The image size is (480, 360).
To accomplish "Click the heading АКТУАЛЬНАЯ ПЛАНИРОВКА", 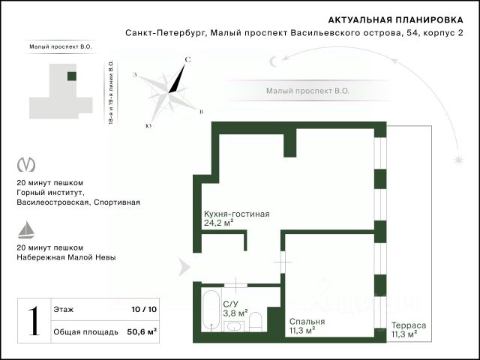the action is pos(395,20).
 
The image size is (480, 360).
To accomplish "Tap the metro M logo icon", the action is pos(26,165).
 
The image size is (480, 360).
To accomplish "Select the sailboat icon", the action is pos(26,229).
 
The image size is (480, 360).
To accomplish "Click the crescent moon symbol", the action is pos(273,61).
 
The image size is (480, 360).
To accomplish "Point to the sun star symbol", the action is pos(458,160).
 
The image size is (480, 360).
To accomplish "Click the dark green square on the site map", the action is pos(72,76).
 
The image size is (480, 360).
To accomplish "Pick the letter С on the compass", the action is pos(187,60).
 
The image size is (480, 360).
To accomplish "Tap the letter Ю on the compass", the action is pos(149,126).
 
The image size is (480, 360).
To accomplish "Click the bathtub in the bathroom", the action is pos(211,310).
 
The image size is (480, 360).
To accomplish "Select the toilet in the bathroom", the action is pos(255,322).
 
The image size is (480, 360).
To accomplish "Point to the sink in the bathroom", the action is pos(234,326).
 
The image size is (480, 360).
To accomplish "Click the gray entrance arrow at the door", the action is pos(184,267).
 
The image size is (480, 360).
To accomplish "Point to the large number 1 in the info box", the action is pos(34,320).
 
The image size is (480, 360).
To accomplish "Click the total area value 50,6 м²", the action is pos(142,331).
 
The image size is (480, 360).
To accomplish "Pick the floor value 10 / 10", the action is pos(144,309).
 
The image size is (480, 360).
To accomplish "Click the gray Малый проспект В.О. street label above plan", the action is pos(307,91).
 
